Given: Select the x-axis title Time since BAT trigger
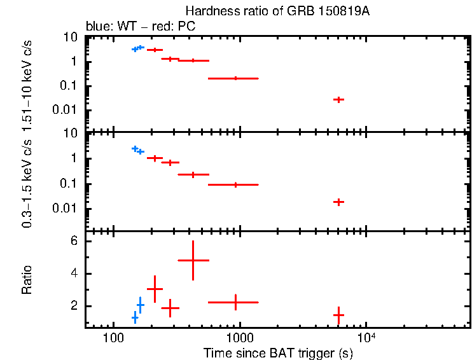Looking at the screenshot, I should [x=278, y=352].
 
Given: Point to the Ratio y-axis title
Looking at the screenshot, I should [x=27, y=279].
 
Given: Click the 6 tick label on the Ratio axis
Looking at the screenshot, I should [x=74, y=242].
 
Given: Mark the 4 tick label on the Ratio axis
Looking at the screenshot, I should [x=74, y=274].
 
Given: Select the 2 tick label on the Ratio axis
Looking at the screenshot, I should [x=74, y=307].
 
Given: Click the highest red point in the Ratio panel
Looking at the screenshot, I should [x=193, y=260].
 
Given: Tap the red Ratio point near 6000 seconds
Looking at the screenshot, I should [x=339, y=314].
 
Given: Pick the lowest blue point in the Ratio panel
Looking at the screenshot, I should [x=135, y=317].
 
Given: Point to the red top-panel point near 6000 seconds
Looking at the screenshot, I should [x=339, y=99].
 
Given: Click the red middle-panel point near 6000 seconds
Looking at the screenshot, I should [x=339, y=202].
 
